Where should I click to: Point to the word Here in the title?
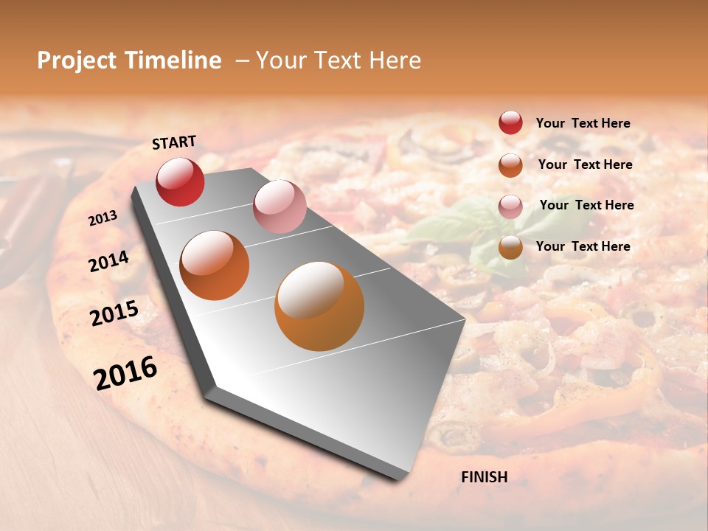(x=395, y=60)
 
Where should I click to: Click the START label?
(x=174, y=142)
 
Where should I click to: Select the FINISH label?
(x=484, y=477)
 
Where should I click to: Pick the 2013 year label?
(x=103, y=218)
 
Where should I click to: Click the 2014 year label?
(x=109, y=260)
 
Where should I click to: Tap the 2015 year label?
(x=114, y=313)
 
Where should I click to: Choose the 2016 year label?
(x=125, y=372)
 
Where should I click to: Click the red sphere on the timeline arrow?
(x=181, y=182)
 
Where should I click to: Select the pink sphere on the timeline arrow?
(x=280, y=206)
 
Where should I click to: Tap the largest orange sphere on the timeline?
(x=319, y=306)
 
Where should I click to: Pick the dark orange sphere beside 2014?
(x=215, y=265)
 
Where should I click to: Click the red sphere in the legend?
(x=510, y=122)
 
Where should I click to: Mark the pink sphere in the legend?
(x=510, y=206)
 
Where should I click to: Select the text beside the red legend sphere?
(x=583, y=123)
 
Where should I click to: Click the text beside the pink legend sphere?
(x=586, y=205)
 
